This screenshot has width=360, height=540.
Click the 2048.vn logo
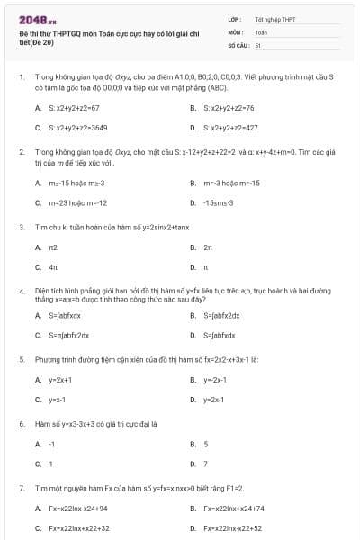(x=37, y=17)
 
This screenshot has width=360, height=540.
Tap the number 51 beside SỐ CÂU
(x=257, y=44)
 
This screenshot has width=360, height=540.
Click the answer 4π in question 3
(x=53, y=266)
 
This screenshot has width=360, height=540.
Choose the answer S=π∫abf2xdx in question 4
(x=69, y=335)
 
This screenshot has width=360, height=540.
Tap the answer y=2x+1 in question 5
(x=60, y=379)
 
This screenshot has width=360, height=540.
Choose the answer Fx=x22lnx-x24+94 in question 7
(x=79, y=508)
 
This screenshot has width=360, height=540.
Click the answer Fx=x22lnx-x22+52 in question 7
(x=233, y=528)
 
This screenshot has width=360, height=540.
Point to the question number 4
(x=21, y=292)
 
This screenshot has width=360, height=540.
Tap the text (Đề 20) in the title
(x=43, y=41)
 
